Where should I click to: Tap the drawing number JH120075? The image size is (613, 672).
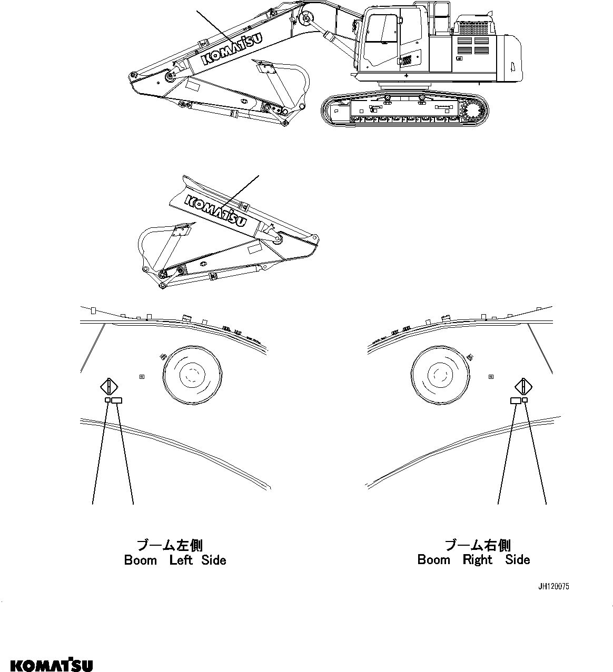[553, 586]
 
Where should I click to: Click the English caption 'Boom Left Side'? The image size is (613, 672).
[175, 560]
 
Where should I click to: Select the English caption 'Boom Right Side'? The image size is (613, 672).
[473, 559]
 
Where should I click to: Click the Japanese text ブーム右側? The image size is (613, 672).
[478, 545]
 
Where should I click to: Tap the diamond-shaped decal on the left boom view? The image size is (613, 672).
[108, 387]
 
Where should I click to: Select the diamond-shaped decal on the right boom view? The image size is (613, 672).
[523, 387]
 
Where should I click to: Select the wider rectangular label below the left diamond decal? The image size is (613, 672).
[117, 401]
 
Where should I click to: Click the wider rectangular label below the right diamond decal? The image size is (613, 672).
[516, 401]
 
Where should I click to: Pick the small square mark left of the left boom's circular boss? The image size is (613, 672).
[141, 376]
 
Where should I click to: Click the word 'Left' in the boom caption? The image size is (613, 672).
[181, 560]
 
